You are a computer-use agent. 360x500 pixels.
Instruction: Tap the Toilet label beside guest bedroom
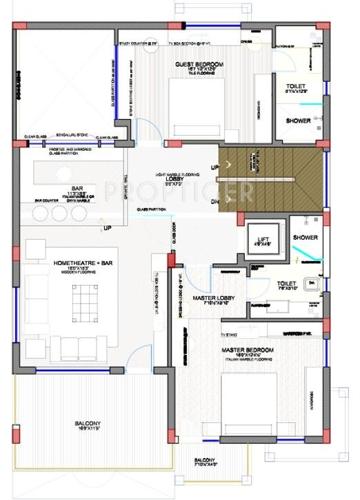[296, 87]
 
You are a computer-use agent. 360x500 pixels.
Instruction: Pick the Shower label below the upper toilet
[298, 120]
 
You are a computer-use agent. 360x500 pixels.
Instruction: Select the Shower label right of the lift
[305, 237]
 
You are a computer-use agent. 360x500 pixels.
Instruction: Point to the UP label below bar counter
[107, 228]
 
